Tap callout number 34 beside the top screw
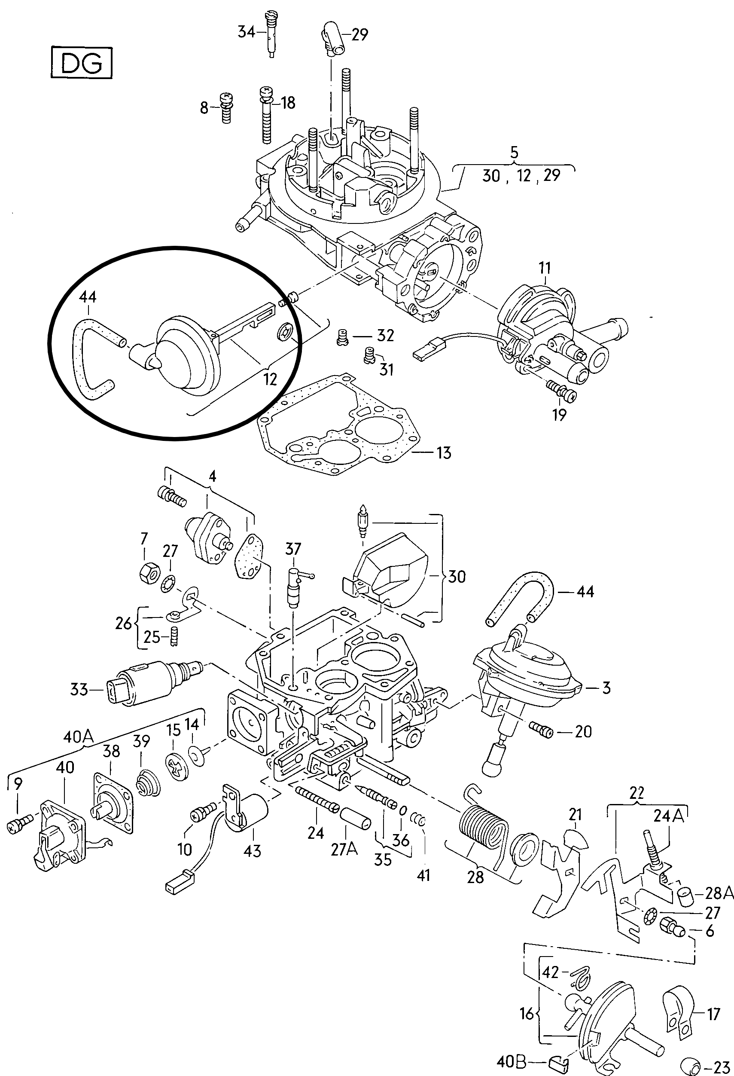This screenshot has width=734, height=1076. coord(246,32)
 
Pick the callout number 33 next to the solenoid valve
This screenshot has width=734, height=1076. coord(79,689)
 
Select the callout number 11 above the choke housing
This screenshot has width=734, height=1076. coord(545,268)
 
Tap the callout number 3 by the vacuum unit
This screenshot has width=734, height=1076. coord(606,688)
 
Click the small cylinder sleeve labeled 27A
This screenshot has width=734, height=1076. coord(356,818)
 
